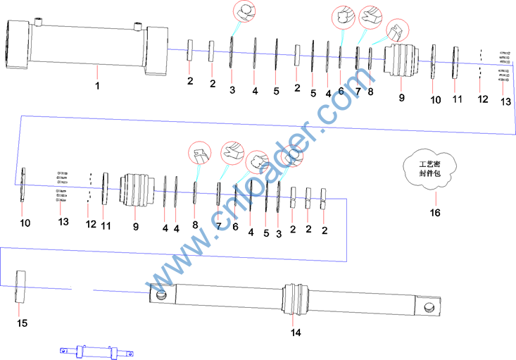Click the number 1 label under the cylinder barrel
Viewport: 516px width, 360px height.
(x=97, y=86)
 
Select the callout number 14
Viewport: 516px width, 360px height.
(x=296, y=333)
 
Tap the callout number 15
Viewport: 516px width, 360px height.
(x=22, y=323)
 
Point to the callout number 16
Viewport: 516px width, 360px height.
(x=435, y=213)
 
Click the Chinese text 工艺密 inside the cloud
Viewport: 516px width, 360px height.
(x=429, y=164)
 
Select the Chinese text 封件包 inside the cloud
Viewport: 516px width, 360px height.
(x=429, y=173)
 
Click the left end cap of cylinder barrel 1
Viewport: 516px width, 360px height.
(x=18, y=44)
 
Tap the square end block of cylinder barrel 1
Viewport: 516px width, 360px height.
(x=157, y=51)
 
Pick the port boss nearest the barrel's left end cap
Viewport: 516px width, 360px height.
(x=39, y=23)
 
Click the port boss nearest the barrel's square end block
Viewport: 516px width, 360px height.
(x=137, y=27)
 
